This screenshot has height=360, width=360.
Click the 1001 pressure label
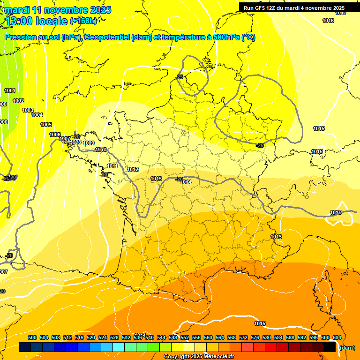(9, 90)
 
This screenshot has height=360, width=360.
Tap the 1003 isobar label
(28, 110)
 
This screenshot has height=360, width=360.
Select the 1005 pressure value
(46, 125)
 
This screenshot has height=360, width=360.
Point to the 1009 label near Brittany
(89, 143)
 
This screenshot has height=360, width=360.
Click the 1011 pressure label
(112, 166)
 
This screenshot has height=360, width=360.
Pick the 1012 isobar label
(133, 169)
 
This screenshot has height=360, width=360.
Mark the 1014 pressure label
(187, 182)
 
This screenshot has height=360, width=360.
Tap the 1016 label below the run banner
(328, 21)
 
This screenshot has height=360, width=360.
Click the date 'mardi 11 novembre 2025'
(58, 10)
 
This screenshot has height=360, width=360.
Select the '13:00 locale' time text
(37, 21)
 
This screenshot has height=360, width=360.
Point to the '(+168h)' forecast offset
(83, 21)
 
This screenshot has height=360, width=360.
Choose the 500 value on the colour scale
(32, 337)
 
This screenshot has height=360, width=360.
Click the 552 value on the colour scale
(185, 337)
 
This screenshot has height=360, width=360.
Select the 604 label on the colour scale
(337, 337)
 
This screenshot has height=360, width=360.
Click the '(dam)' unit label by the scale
(347, 348)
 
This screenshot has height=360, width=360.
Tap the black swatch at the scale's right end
(330, 347)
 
